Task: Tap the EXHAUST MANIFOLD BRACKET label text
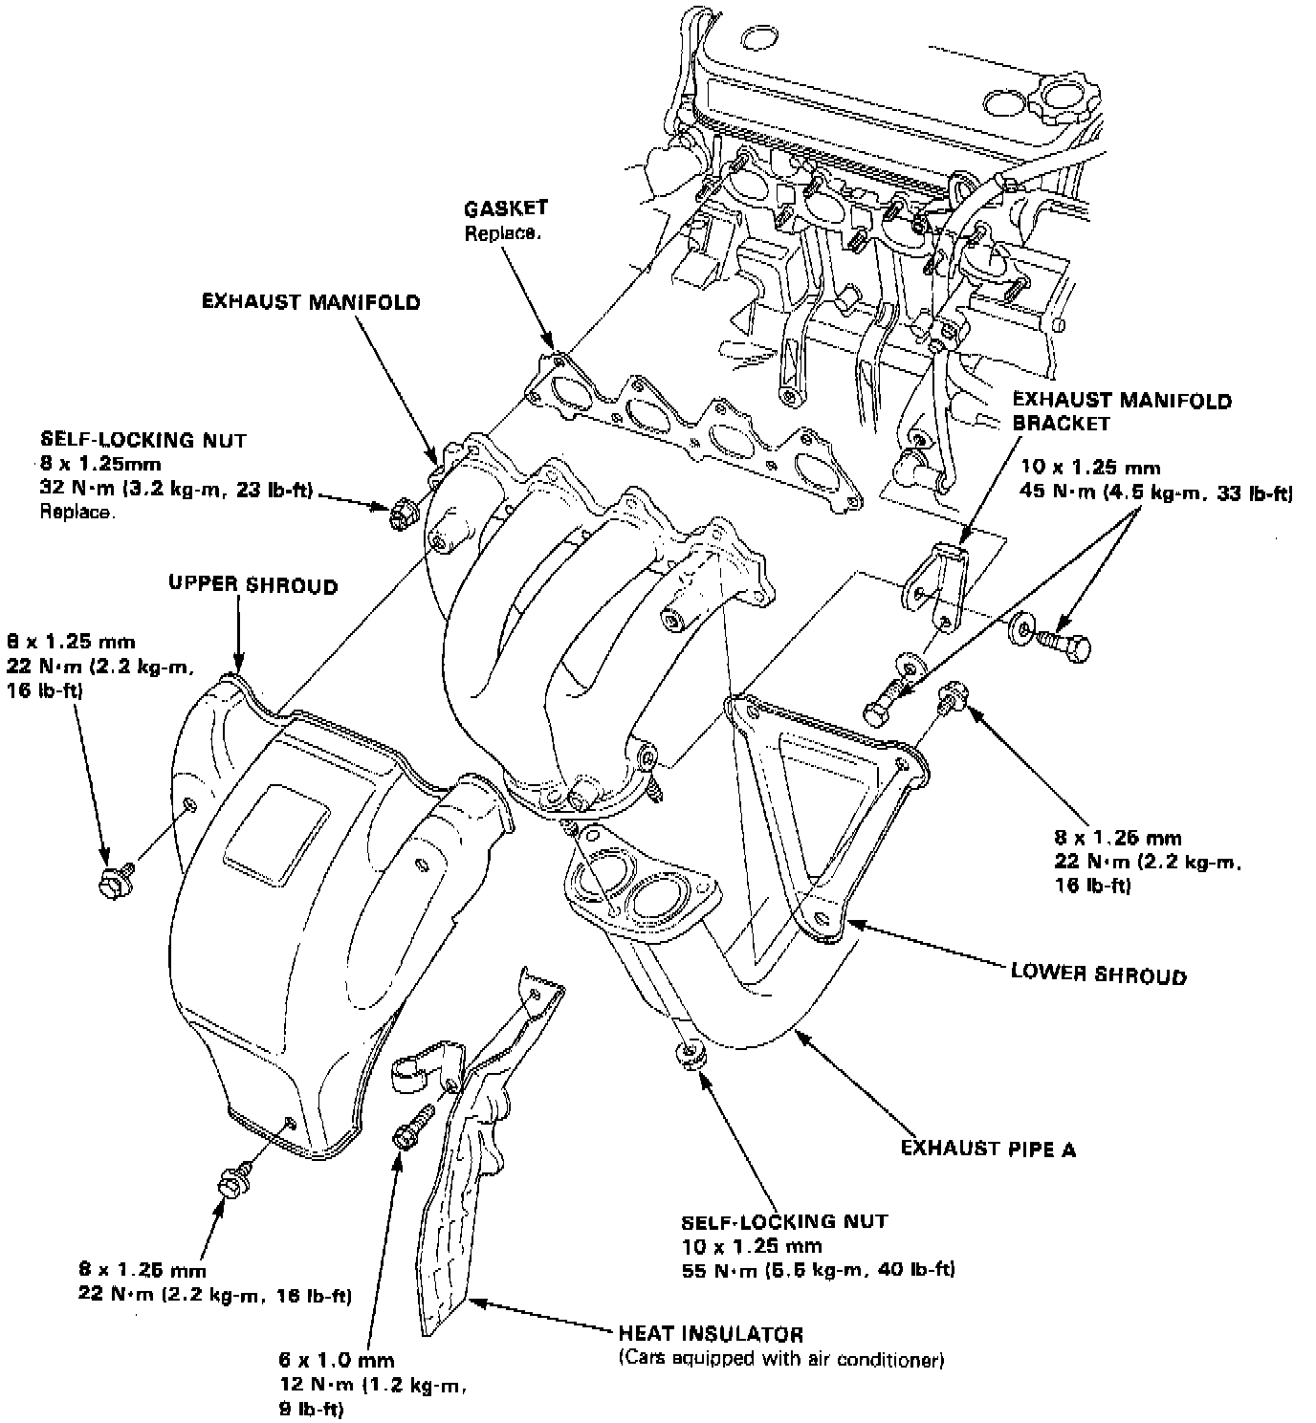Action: (x=1121, y=411)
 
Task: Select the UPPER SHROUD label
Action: (x=252, y=585)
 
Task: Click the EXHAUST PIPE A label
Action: (x=988, y=1148)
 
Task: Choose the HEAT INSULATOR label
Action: (x=710, y=1333)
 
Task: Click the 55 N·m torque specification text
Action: (x=818, y=1270)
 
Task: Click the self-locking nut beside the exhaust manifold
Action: (x=402, y=514)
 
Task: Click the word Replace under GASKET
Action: (x=500, y=232)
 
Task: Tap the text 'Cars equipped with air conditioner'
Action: (x=780, y=1358)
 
